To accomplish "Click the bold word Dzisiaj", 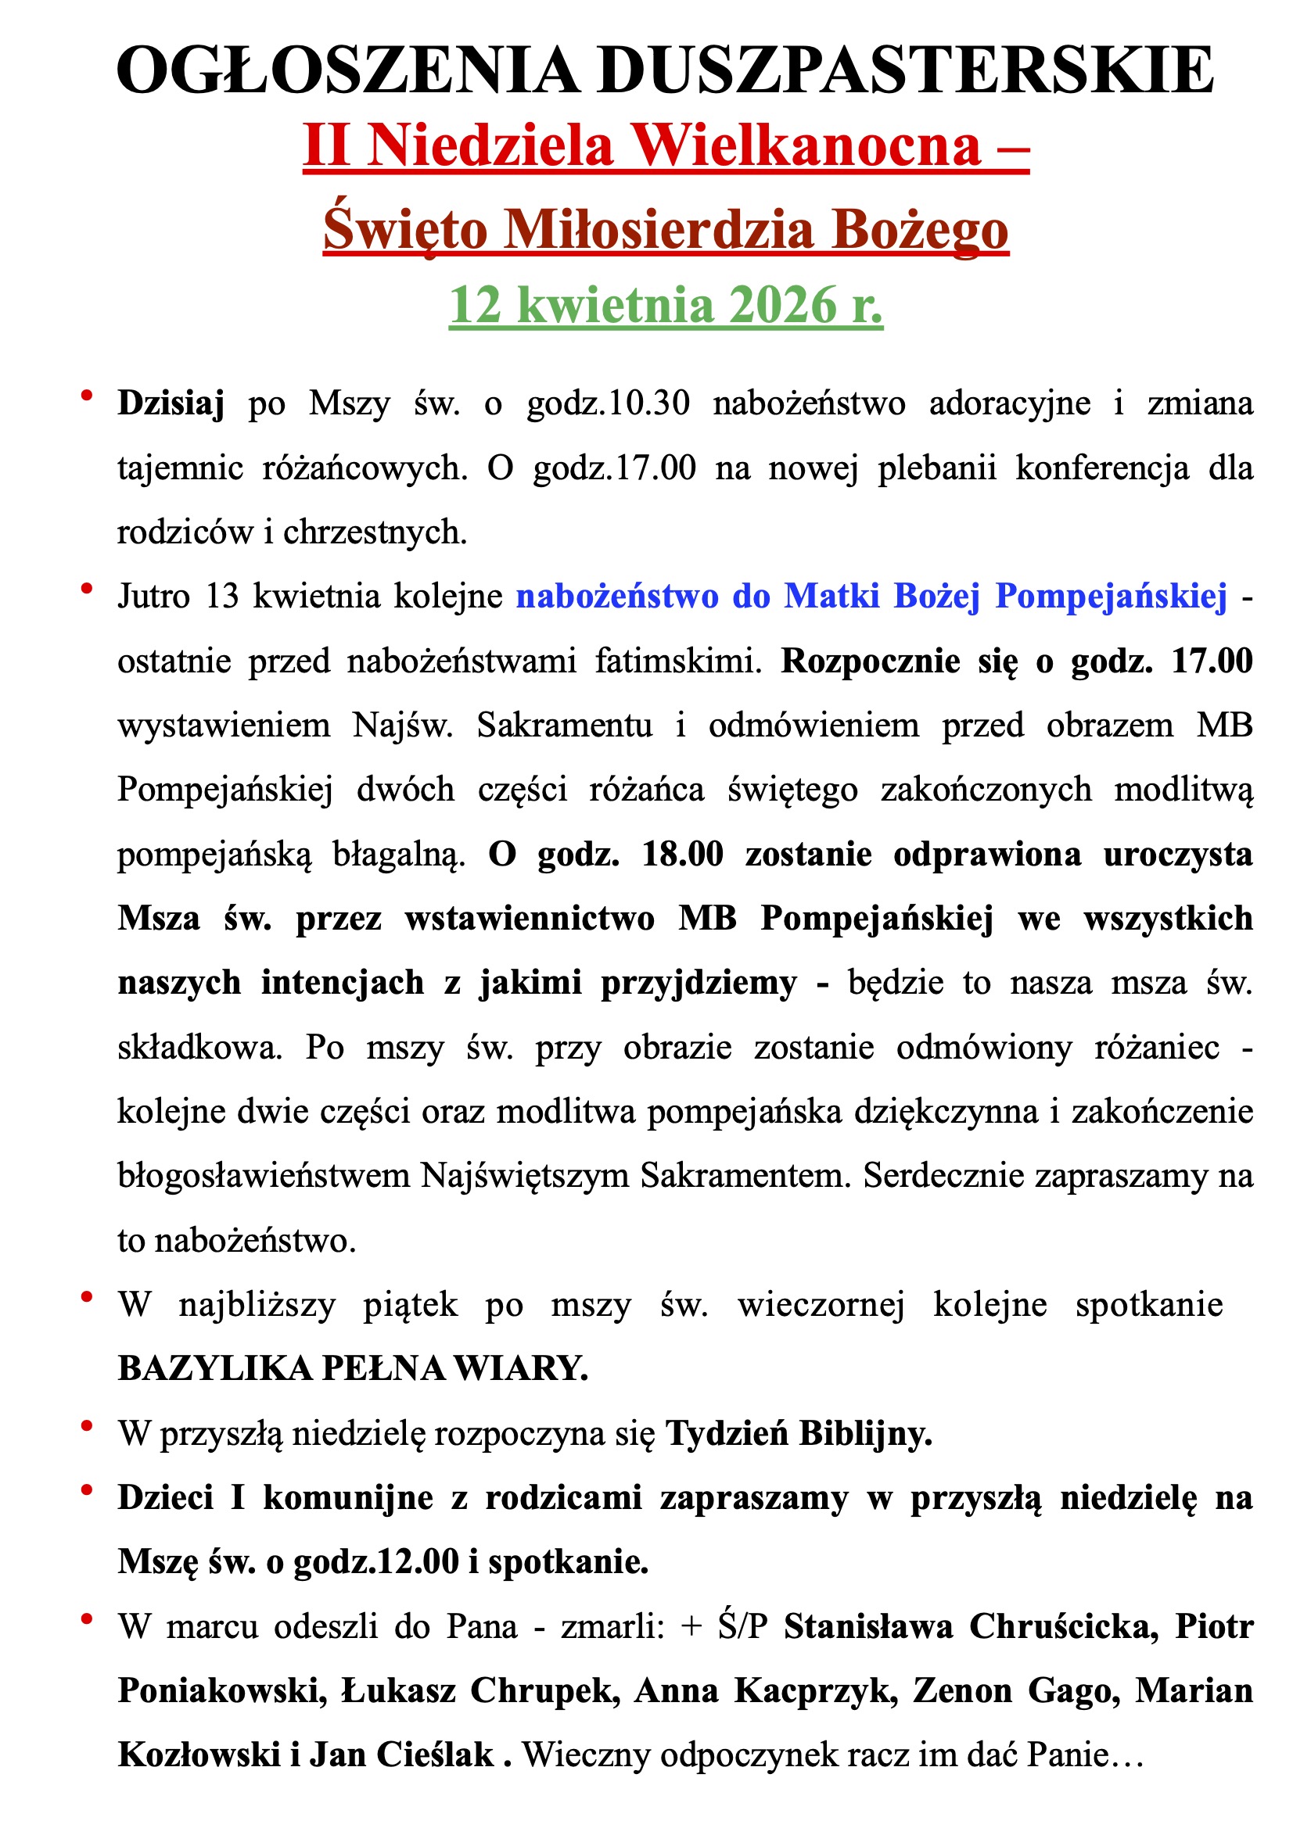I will pyautogui.click(x=171, y=403).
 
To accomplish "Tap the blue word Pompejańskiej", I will pyautogui.click(x=1112, y=596).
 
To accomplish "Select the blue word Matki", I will pyautogui.click(x=831, y=596).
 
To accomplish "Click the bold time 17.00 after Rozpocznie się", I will pyautogui.click(x=1212, y=660).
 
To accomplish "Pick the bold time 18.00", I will pyautogui.click(x=683, y=854).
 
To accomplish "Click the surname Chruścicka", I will pyautogui.click(x=1064, y=1625).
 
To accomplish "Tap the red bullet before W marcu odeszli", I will pyautogui.click(x=87, y=1618).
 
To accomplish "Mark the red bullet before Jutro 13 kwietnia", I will pyautogui.click(x=87, y=588).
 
